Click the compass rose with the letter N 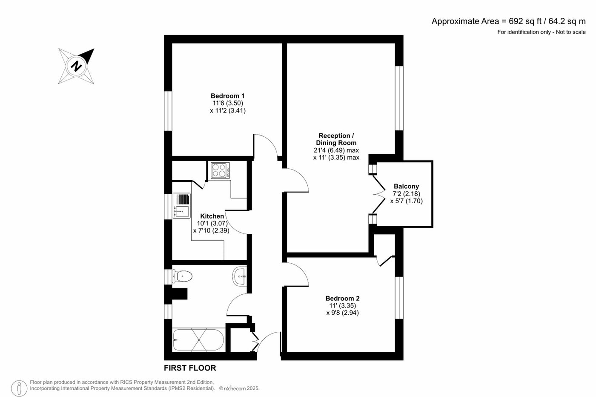point(77,66)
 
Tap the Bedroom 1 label point(227,96)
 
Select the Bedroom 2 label point(342,298)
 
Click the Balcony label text point(406,186)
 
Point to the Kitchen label point(212,216)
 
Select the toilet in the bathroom point(182,276)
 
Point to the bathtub point(198,340)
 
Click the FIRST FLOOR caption point(190,368)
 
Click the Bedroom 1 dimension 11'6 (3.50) point(227,103)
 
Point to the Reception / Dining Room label point(336,139)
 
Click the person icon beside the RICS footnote point(19,388)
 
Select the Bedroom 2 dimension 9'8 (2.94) point(342,313)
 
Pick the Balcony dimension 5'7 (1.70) point(406,201)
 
